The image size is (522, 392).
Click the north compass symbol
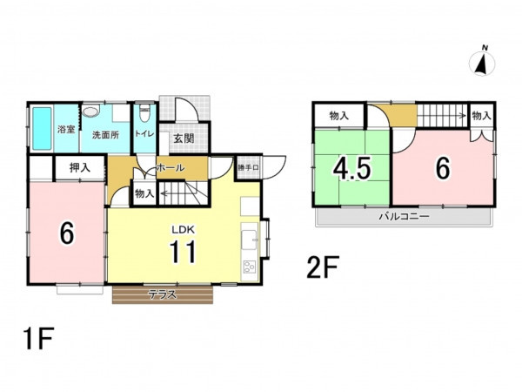[482, 63]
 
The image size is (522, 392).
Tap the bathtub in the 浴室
[42, 128]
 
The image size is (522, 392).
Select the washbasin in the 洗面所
[90, 111]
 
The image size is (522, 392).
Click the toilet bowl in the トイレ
[144, 113]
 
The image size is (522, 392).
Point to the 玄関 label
[184, 138]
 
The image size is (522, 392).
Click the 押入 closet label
[79, 167]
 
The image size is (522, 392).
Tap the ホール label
[171, 167]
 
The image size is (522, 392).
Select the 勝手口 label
[248, 167]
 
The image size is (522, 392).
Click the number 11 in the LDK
[183, 252]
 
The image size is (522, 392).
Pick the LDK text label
[183, 230]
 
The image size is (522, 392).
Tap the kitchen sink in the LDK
[249, 240]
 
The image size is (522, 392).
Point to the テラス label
[162, 294]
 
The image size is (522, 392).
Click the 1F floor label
[38, 338]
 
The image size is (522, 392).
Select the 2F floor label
[323, 267]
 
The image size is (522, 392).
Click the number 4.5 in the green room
[351, 169]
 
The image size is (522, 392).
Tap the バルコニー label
[405, 217]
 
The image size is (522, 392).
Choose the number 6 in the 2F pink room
[443, 168]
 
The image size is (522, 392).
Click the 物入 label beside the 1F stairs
[144, 193]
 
